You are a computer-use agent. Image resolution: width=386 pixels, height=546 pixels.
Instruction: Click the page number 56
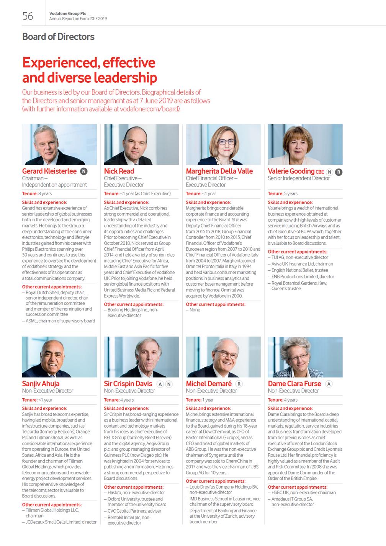(28, 16)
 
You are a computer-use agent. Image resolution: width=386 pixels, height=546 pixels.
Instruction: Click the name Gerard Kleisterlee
(49, 171)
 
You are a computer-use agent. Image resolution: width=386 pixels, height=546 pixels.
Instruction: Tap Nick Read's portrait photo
(141, 144)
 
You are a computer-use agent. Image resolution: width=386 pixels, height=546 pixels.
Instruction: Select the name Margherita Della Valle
(219, 171)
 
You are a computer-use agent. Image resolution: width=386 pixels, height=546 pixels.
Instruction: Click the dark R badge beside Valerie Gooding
(339, 172)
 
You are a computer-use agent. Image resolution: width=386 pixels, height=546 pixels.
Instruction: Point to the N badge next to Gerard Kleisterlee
(83, 172)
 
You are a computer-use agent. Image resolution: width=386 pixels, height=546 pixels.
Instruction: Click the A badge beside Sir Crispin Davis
(160, 384)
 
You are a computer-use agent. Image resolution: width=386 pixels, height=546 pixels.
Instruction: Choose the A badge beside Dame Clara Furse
(329, 384)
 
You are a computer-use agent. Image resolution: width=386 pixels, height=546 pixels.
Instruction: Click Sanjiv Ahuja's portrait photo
(59, 357)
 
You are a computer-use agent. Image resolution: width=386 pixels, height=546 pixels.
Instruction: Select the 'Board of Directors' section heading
(58, 37)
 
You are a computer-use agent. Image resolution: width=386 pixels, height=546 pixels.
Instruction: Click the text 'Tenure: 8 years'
(37, 194)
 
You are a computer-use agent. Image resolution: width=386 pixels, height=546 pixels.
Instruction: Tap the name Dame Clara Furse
(294, 384)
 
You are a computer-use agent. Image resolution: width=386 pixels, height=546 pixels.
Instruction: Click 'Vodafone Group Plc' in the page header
(68, 13)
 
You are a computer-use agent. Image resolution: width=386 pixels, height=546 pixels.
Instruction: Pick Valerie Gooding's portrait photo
(305, 144)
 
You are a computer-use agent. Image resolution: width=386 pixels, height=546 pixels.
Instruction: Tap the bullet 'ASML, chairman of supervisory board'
(60, 321)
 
